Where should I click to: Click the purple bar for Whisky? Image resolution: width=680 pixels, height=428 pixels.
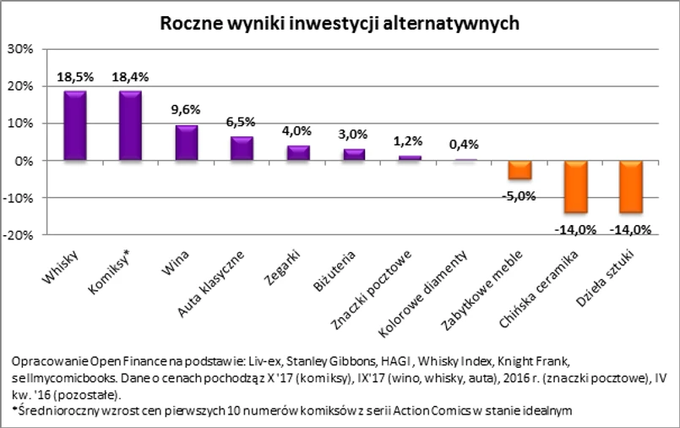[x=75, y=125]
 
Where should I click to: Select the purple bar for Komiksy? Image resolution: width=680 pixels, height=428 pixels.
[x=130, y=125]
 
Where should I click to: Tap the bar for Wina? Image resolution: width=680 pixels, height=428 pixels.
[x=186, y=142]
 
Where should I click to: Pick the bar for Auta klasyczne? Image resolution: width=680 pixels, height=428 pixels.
[x=242, y=148]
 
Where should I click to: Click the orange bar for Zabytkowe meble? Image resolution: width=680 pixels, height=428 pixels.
[x=519, y=169]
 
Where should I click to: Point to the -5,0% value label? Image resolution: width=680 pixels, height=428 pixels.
[x=519, y=195]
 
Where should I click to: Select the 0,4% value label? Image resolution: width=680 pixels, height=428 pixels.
[x=463, y=145]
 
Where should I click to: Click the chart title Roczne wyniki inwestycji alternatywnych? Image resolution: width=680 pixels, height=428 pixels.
[x=340, y=23]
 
